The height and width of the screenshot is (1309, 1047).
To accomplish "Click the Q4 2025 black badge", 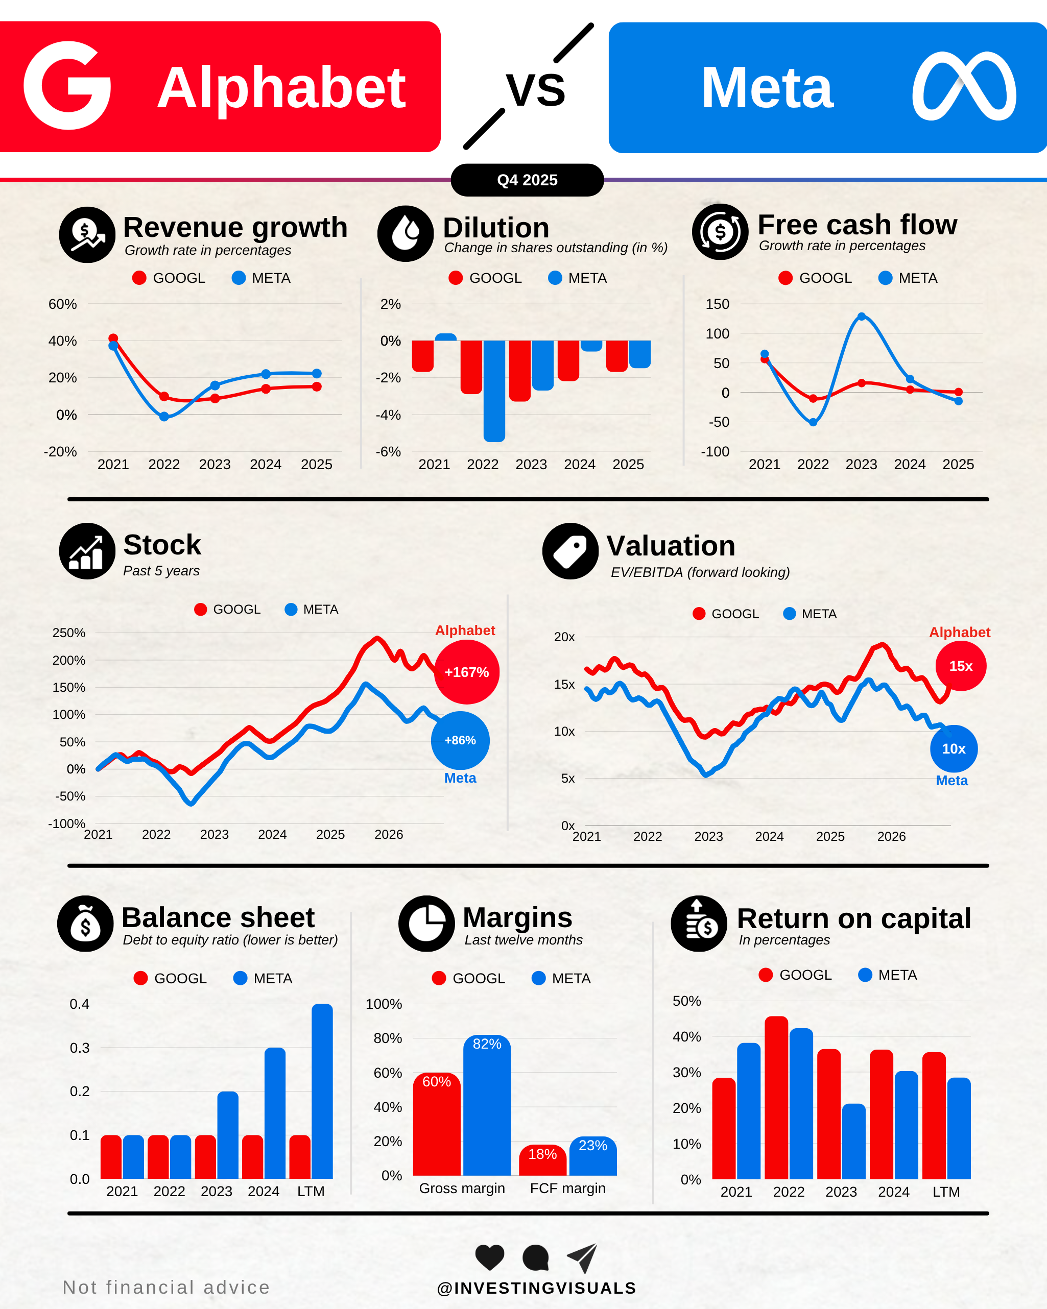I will pyautogui.click(x=527, y=180).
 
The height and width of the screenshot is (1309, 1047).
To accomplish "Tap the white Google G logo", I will pyautogui.click(x=67, y=86).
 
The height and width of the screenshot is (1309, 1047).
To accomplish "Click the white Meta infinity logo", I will pyautogui.click(x=964, y=86).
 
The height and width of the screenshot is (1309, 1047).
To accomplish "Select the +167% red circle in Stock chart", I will pyautogui.click(x=466, y=672).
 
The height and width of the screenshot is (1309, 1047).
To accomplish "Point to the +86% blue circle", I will pyautogui.click(x=460, y=740).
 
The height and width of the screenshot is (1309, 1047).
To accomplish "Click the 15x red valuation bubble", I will pyautogui.click(x=961, y=666).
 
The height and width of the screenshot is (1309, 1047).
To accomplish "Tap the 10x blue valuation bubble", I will pyautogui.click(x=954, y=748).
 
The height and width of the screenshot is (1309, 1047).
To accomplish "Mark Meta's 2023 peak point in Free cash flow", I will pyautogui.click(x=861, y=317).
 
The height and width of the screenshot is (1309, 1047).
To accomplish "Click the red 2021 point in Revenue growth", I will pyautogui.click(x=113, y=338).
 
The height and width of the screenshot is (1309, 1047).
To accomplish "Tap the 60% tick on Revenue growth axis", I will pyautogui.click(x=62, y=304).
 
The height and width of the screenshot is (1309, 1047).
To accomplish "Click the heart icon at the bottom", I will pyautogui.click(x=489, y=1257).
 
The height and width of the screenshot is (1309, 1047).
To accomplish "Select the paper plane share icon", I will pyautogui.click(x=582, y=1257).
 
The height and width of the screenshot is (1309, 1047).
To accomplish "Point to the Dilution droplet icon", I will pyautogui.click(x=405, y=234).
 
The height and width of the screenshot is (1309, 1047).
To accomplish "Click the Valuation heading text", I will pyautogui.click(x=671, y=546).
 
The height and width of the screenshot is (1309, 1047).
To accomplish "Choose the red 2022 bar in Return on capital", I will pyautogui.click(x=776, y=1098).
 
